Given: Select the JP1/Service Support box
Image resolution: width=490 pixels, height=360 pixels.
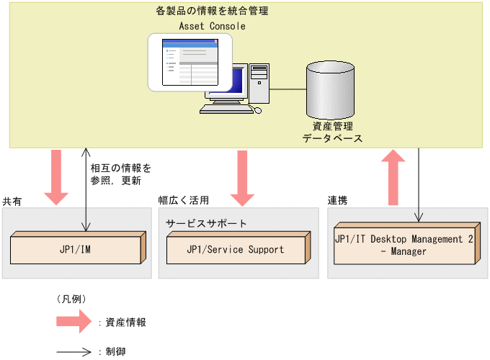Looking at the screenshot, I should (x=236, y=250).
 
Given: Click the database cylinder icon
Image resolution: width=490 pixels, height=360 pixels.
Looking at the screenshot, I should (x=331, y=89).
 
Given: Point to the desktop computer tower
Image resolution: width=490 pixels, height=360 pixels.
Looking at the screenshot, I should (x=259, y=84).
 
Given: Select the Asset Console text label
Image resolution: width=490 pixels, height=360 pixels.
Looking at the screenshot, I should (x=212, y=26).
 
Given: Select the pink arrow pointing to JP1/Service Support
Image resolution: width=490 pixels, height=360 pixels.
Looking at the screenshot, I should (x=242, y=177).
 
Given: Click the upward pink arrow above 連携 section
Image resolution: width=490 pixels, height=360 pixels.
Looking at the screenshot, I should (x=393, y=177).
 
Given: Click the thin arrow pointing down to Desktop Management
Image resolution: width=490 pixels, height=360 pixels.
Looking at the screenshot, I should (x=419, y=184).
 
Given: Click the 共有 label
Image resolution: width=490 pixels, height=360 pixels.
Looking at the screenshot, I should (x=12, y=202).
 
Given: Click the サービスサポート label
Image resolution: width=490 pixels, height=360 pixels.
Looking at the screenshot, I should (x=206, y=223).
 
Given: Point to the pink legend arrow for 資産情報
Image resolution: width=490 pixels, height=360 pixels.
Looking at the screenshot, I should (x=75, y=323).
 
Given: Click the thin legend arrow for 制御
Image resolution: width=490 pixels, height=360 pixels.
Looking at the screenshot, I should (x=75, y=351).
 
